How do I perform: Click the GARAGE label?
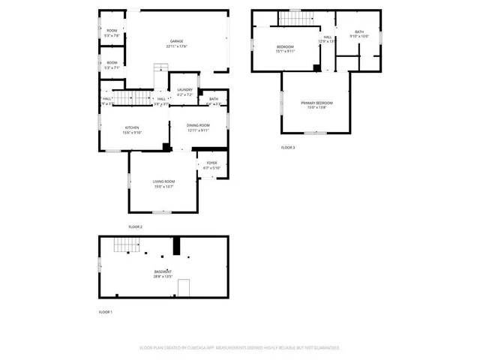(176, 41)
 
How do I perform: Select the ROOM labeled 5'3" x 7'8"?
(111, 30)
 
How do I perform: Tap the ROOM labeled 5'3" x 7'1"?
(111, 62)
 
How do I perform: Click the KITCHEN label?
(132, 127)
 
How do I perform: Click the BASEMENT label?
(163, 271)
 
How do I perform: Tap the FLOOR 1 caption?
(106, 311)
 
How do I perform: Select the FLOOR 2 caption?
(136, 226)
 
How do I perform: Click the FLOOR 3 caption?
(288, 148)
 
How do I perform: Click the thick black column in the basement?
(177, 246)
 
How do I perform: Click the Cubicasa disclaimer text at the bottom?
(240, 347)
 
